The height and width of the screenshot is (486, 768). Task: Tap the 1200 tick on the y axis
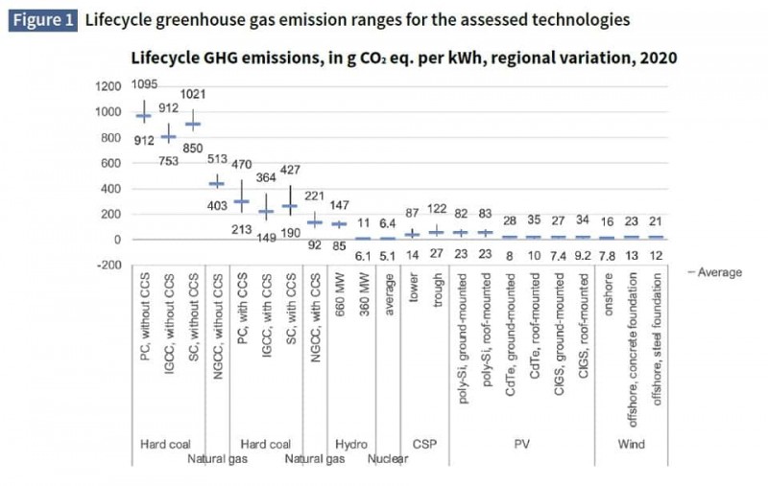108,86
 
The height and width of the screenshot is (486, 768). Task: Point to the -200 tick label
107,265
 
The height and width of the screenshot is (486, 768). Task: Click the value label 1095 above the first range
145,84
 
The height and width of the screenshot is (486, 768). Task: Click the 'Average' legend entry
714,272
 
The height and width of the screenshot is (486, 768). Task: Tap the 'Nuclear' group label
388,459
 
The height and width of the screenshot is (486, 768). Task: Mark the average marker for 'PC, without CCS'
144,116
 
